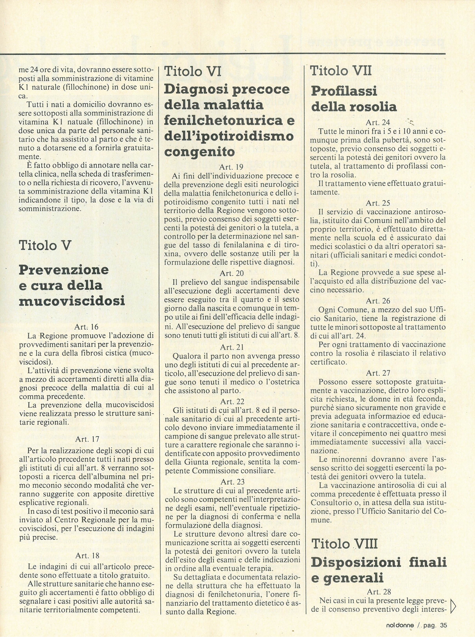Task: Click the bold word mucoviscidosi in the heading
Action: [72, 301]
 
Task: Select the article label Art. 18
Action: [87, 556]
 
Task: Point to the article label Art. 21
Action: [232, 347]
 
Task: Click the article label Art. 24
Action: [377, 123]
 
